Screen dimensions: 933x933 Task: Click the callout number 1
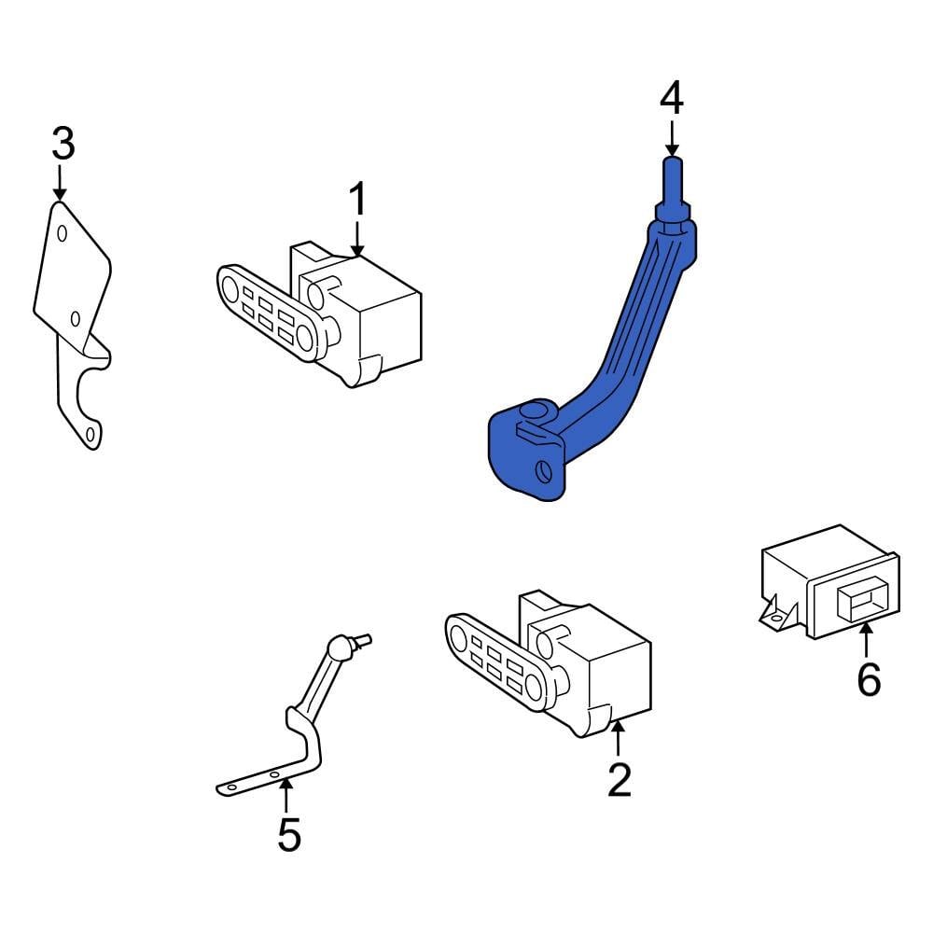coord(358,201)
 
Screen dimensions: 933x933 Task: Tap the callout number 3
coord(62,145)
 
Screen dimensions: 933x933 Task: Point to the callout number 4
coord(672,99)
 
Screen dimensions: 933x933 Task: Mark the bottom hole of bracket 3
coord(90,435)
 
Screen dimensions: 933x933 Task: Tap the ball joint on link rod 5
coord(341,644)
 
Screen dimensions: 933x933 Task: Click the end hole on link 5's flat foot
coord(230,788)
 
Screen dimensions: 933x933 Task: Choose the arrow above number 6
coord(868,643)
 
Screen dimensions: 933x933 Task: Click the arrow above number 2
coord(617,742)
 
